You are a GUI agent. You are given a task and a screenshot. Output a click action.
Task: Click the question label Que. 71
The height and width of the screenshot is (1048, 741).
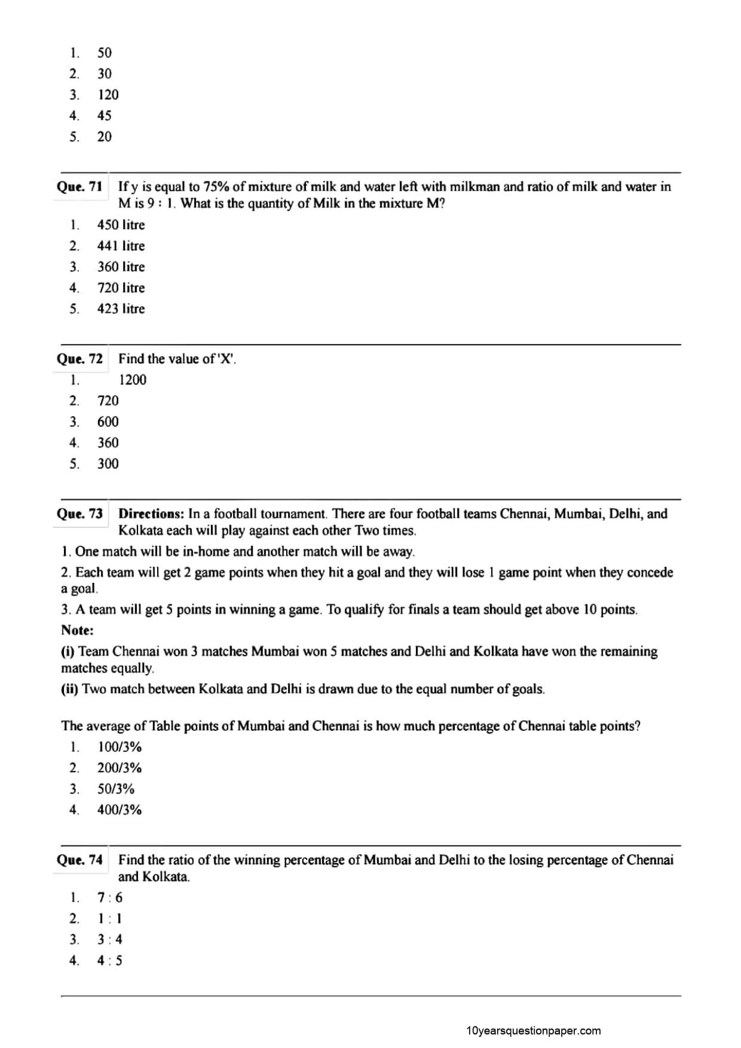tap(79, 187)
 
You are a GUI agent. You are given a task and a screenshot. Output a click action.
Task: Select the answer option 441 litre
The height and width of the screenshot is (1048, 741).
tap(121, 246)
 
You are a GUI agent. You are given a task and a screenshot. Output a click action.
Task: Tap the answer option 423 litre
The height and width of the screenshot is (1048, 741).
tap(121, 309)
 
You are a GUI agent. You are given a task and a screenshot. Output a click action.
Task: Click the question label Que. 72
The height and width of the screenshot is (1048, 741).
tap(79, 359)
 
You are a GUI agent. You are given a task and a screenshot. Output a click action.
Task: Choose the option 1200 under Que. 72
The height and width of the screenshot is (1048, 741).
tap(132, 380)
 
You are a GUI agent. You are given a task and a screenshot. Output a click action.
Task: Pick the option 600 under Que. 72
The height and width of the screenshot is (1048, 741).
tap(108, 422)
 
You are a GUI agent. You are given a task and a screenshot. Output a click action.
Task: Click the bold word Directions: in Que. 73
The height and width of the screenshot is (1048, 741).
tap(151, 514)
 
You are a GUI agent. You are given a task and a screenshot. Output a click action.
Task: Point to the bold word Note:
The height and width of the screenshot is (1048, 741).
tap(77, 630)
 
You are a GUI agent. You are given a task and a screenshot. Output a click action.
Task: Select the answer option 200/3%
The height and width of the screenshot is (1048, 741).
tap(120, 768)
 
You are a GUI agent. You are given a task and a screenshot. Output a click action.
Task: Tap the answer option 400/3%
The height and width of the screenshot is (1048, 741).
tap(120, 810)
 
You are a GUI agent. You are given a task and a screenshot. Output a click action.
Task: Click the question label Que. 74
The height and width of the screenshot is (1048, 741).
tap(79, 860)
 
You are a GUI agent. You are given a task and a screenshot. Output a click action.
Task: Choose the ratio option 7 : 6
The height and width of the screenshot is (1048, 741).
tap(110, 898)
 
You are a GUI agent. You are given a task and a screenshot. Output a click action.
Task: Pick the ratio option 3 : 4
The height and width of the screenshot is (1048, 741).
tap(110, 940)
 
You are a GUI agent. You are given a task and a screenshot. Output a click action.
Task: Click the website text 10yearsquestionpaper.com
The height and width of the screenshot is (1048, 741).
tap(533, 1031)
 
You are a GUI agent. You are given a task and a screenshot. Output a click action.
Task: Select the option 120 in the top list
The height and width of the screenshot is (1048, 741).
tap(108, 95)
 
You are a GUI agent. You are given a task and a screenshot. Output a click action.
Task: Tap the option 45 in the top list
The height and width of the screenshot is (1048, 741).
tap(105, 116)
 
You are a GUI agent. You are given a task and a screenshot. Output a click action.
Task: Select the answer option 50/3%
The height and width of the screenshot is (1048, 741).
tap(116, 789)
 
